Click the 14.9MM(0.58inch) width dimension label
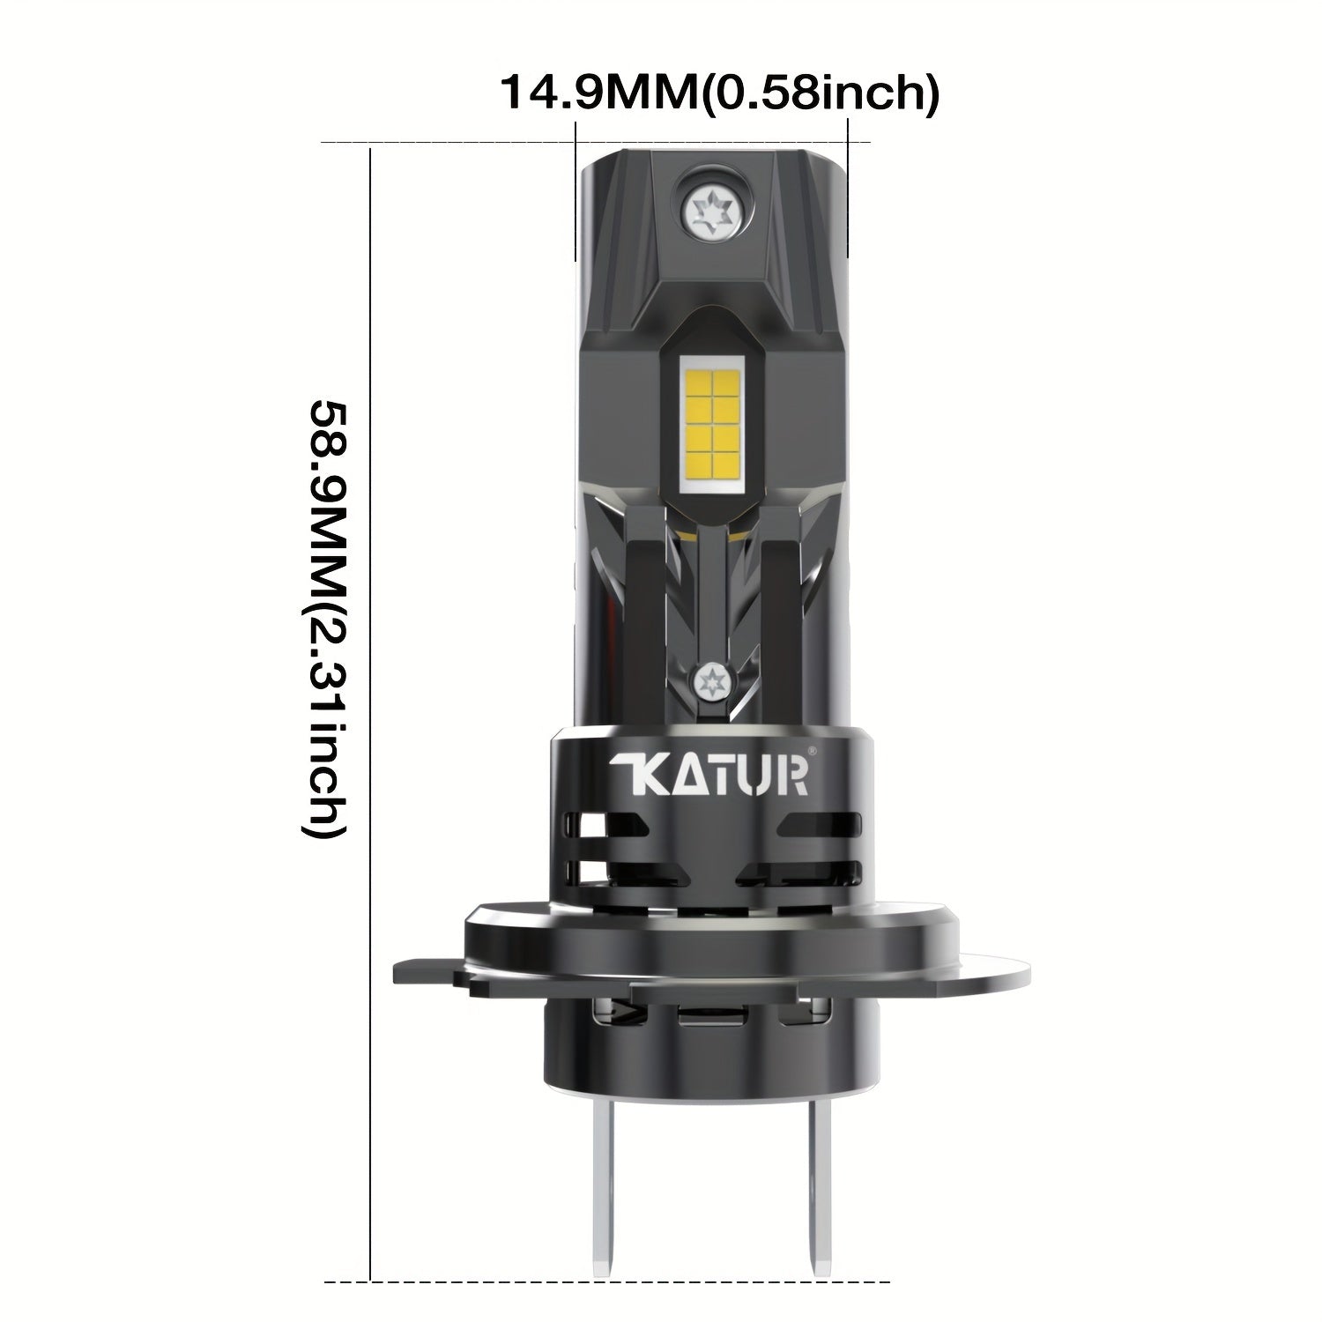[x=719, y=93]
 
